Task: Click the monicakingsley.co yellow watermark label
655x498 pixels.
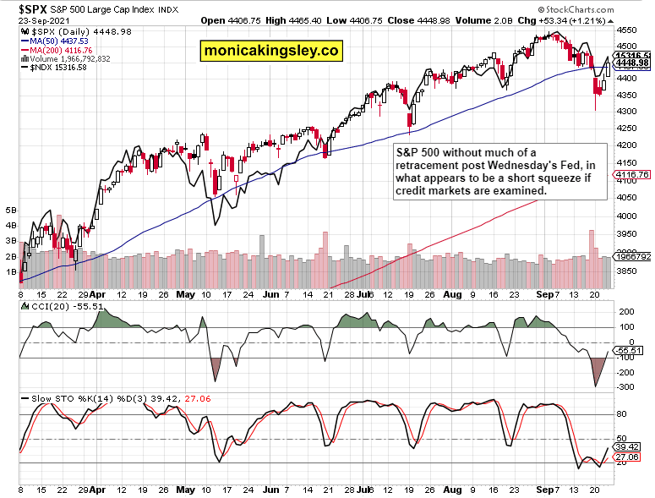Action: (270, 52)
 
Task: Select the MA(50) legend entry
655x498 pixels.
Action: (56, 40)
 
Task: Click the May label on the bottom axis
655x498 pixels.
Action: (186, 488)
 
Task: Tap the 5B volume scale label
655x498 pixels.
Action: (11, 209)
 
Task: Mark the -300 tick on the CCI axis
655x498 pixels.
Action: (626, 387)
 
